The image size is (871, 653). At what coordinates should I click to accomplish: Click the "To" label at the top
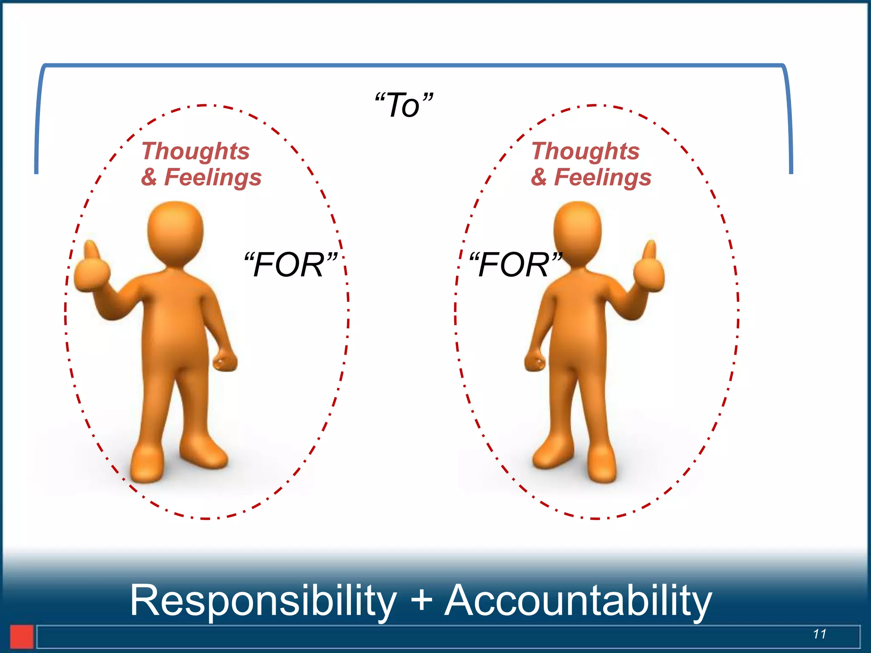(x=404, y=105)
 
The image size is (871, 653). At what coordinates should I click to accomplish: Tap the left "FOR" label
(x=290, y=264)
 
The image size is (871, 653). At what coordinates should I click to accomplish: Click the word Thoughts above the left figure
(x=196, y=151)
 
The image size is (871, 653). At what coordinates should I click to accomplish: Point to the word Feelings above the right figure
(x=603, y=178)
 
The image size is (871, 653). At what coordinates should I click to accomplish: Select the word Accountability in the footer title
(x=578, y=600)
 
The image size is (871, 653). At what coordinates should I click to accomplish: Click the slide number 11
(x=820, y=634)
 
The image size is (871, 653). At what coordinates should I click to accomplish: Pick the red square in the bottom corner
(x=21, y=636)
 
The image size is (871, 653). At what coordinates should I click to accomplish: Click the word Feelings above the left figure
(x=213, y=178)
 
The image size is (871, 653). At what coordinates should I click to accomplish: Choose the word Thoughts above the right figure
(x=586, y=151)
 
